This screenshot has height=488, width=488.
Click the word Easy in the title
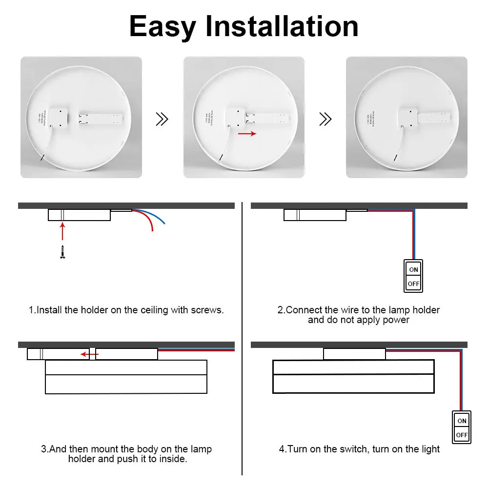[x=162, y=27]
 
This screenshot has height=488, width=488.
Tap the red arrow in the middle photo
[x=247, y=133]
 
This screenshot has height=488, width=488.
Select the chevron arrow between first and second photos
[x=162, y=119]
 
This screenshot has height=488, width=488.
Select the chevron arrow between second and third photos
[x=325, y=119]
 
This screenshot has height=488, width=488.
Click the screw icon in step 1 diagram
[x=62, y=252]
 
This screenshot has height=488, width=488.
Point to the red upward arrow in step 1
[x=62, y=231]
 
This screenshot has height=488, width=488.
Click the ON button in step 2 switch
[x=413, y=269]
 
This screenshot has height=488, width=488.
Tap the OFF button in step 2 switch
[x=413, y=284]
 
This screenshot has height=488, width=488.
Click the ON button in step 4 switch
[x=462, y=421]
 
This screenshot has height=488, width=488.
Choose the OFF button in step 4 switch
[x=462, y=435]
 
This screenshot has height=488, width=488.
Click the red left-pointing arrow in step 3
[x=88, y=354]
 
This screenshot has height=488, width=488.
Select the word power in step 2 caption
[x=396, y=320]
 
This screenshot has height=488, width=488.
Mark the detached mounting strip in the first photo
[x=102, y=118]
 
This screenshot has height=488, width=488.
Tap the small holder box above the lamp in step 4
[x=354, y=354]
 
